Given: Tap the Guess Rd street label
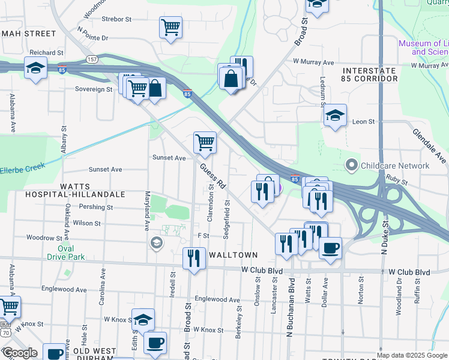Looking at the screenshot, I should tap(212, 176).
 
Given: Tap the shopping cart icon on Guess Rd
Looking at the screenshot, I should tap(205, 143).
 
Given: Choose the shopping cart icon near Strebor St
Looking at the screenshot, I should tap(170, 27).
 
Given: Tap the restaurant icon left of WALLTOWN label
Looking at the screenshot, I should tap(193, 259).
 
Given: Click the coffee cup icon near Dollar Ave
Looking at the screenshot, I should tap(330, 247).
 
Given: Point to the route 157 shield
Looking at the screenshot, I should tap(92, 59).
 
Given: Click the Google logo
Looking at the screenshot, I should tap(19, 352).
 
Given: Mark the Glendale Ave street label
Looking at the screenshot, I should tap(429, 145).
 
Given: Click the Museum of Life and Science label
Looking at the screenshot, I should tap(423, 47).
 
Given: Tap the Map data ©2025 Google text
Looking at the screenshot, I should tap(412, 355).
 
